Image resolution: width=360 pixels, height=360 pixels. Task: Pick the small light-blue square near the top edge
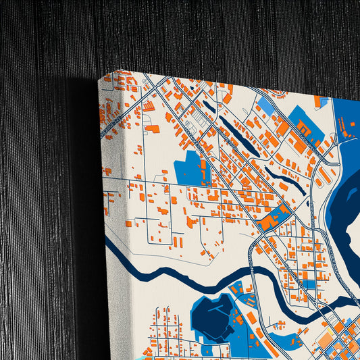tap(265, 105)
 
